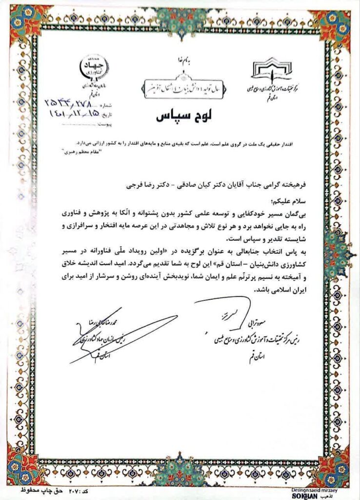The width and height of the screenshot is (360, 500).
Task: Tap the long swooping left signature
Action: click(x=122, y=337)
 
